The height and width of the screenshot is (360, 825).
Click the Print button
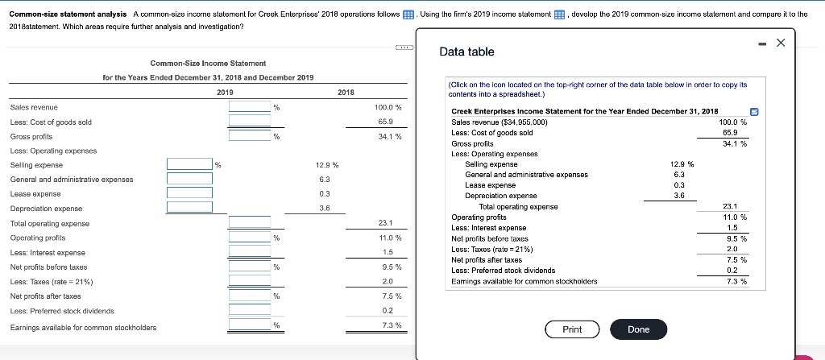[572, 329]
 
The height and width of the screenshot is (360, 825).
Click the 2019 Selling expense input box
[189, 164]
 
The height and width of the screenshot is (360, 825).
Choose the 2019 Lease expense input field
[189, 193]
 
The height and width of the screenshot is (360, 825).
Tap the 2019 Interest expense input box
[250, 252]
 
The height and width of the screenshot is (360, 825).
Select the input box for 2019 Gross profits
[250, 136]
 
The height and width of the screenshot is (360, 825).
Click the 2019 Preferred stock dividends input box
[250, 310]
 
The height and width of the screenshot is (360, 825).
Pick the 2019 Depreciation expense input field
[189, 208]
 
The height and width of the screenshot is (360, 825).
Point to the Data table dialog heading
[467, 52]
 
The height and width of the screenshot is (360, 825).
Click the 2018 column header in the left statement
[346, 93]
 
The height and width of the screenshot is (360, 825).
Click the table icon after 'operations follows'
[409, 14]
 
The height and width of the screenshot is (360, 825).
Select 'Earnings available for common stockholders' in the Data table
[524, 281]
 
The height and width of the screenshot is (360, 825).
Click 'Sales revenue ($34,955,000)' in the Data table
[500, 122]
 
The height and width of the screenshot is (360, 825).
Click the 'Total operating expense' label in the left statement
[50, 223]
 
